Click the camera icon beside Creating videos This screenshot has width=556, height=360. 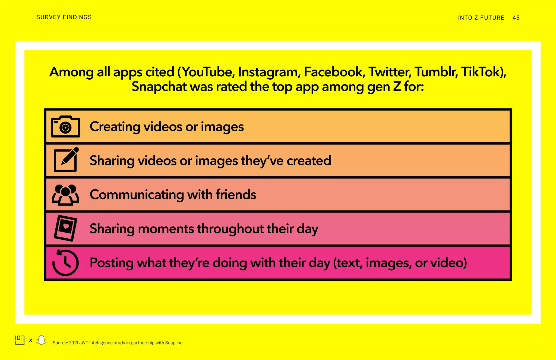pyautogui.click(x=65, y=127)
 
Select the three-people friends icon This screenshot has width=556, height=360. pyautogui.click(x=65, y=195)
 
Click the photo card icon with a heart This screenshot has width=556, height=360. pyautogui.click(x=65, y=228)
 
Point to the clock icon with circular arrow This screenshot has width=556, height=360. pyautogui.click(x=65, y=262)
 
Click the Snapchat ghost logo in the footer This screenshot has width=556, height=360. pyautogui.click(x=42, y=340)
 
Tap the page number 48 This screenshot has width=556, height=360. pyautogui.click(x=516, y=18)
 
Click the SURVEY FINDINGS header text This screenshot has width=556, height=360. pyautogui.click(x=64, y=17)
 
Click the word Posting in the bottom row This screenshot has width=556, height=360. pyautogui.click(x=111, y=263)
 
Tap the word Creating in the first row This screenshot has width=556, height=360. pyautogui.click(x=115, y=127)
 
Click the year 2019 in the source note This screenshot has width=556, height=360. pyautogui.click(x=73, y=343)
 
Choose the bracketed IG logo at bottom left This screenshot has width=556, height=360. pyautogui.click(x=20, y=340)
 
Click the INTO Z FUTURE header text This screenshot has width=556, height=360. pyautogui.click(x=481, y=18)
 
